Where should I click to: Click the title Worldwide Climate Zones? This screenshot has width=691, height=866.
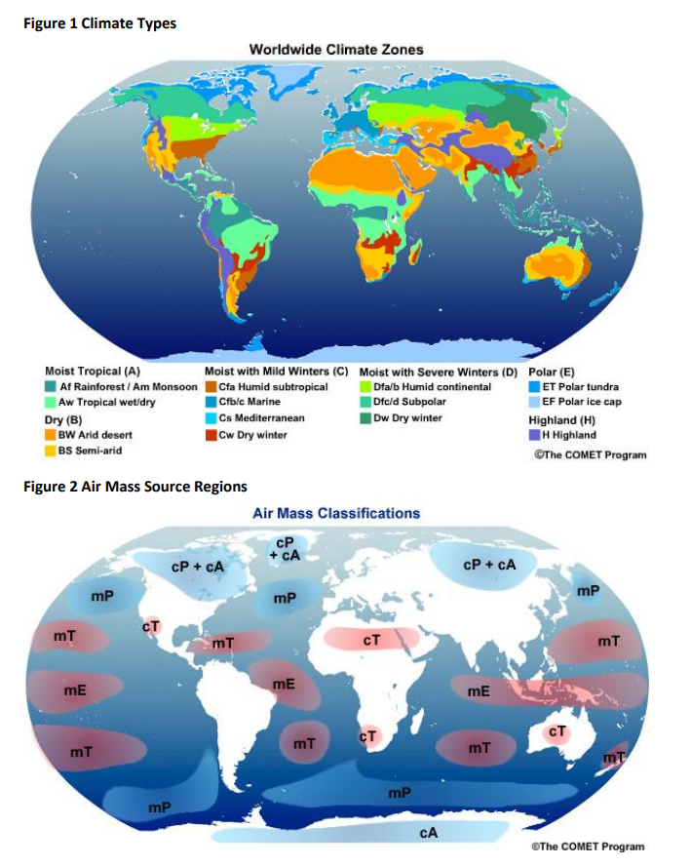[336, 49]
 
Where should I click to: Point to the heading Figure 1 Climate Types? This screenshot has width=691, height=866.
[98, 22]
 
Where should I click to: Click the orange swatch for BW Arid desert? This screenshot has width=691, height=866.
[51, 435]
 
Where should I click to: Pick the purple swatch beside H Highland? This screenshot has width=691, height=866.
[534, 435]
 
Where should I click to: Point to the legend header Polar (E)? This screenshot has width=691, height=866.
[551, 372]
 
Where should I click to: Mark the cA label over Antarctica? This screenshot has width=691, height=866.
[428, 834]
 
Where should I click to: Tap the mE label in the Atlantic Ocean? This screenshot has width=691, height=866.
[284, 685]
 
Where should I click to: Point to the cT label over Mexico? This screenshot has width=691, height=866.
[152, 627]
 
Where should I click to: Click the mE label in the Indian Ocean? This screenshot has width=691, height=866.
[479, 691]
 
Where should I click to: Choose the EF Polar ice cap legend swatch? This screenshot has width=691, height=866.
[534, 402]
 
